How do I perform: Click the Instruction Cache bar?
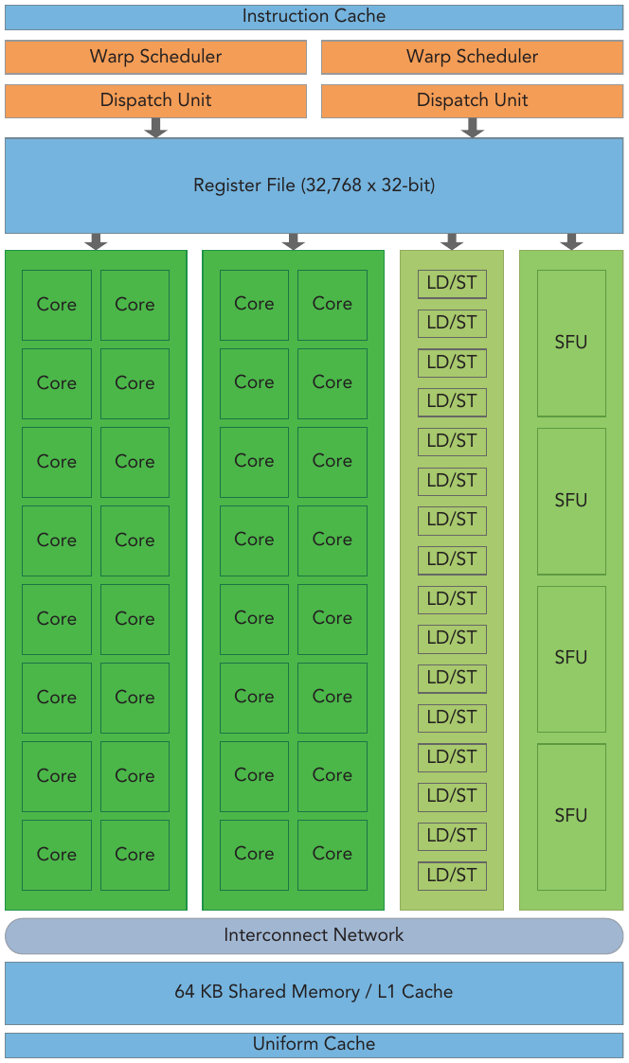(x=314, y=17)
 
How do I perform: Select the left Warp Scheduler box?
(x=155, y=57)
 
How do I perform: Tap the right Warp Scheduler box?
(x=473, y=57)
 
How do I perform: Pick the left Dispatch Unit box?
(x=155, y=101)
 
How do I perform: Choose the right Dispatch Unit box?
(x=473, y=101)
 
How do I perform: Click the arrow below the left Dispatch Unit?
(x=156, y=128)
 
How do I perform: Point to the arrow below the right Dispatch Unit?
(x=473, y=128)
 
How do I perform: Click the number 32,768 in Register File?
(x=333, y=186)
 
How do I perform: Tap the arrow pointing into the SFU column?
(x=571, y=241)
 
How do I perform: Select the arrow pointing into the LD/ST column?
(x=452, y=241)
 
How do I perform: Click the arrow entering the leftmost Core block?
(x=96, y=241)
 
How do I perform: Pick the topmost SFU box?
(x=571, y=343)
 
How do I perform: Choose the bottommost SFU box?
(x=571, y=817)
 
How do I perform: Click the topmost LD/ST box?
(x=452, y=283)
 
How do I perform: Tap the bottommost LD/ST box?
(x=452, y=876)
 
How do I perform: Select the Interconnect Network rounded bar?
(x=314, y=936)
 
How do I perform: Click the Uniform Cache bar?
(x=314, y=1045)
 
